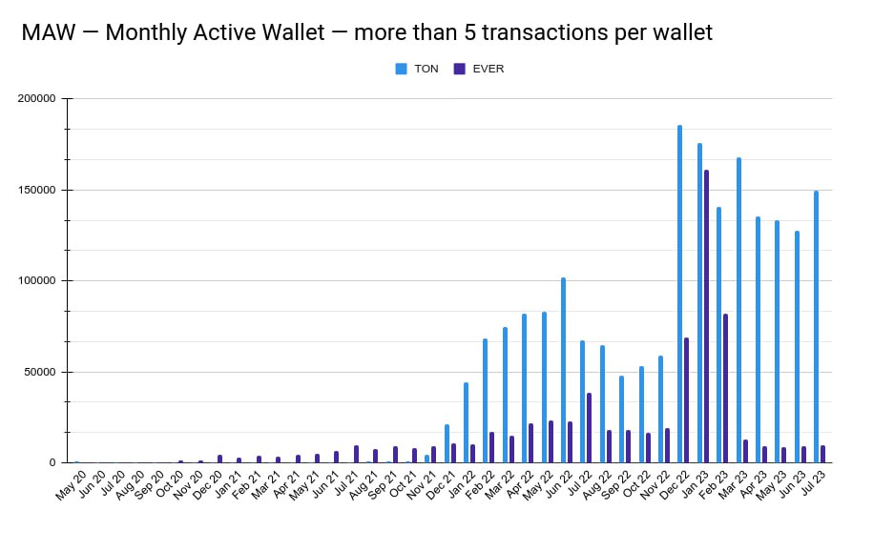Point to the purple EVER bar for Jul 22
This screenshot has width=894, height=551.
click(x=589, y=428)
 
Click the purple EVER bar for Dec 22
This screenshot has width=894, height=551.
click(x=686, y=400)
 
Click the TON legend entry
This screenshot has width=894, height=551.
click(x=418, y=69)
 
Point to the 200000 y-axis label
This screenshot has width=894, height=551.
click(x=37, y=99)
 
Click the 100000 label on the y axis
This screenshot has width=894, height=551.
click(x=37, y=281)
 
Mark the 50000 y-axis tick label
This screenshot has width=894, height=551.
click(x=40, y=372)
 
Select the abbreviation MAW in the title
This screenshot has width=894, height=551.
click(x=51, y=32)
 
